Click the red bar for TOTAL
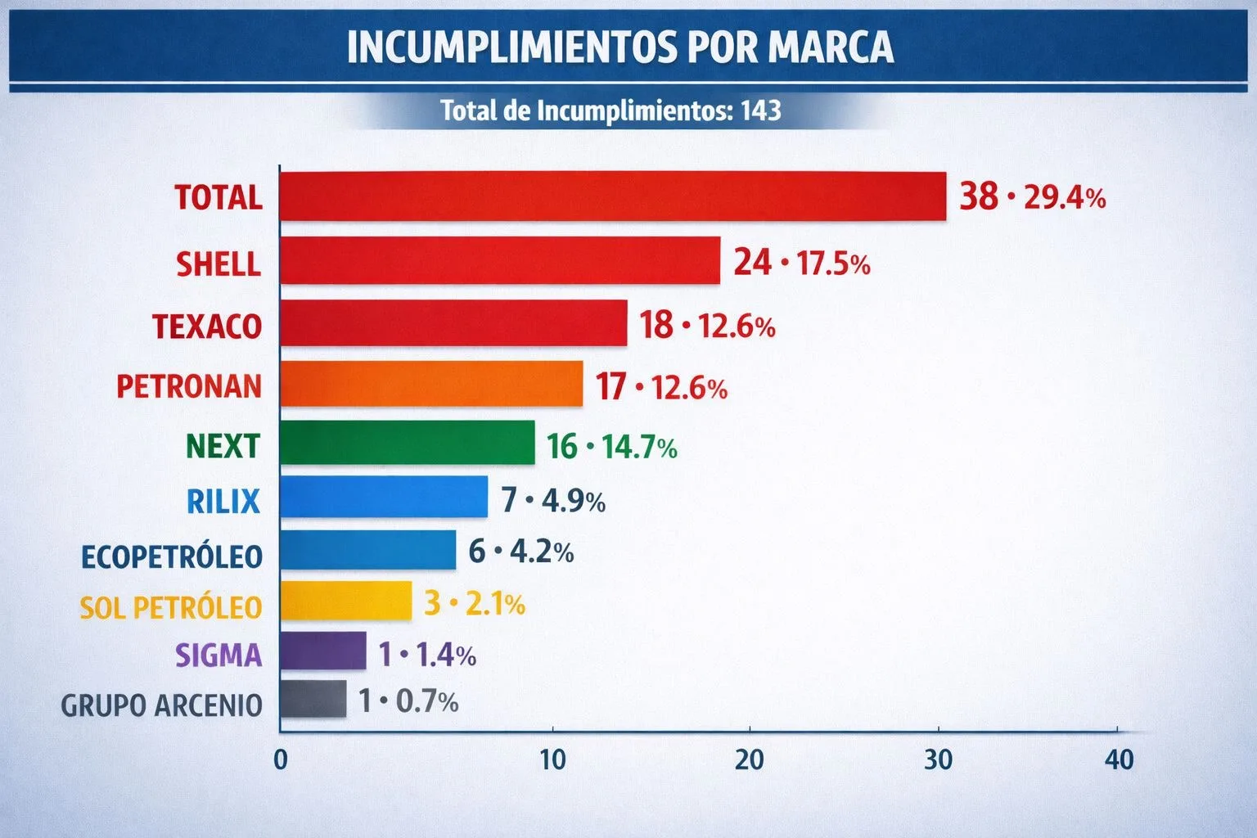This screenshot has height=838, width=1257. coord(612,196)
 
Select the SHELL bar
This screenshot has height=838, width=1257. coord(499,261)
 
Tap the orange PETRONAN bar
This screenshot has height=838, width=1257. coord(431,384)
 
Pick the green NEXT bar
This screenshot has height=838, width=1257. coord(407,443)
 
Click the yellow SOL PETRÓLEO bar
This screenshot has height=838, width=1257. coord(345,601)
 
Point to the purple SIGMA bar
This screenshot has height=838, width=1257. coord(322,651)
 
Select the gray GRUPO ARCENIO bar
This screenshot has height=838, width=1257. coord(313,700)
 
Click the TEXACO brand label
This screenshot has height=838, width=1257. coord(207,326)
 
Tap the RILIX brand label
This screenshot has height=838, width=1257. coord(223,500)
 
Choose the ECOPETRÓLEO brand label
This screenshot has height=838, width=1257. coord(172,556)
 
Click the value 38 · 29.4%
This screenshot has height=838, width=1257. coord(1032,197)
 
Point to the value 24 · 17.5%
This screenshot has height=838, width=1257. coord(801,263)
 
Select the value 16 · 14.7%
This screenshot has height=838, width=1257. coord(611,447)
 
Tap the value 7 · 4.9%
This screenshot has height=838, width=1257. coord(553,500)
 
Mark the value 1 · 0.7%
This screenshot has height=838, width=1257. coord(408,701)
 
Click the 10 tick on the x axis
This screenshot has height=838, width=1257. coord(552,759)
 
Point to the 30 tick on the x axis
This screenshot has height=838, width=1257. coord(938,759)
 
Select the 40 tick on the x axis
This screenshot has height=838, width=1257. coord(1119,759)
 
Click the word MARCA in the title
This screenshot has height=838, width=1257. coord(831,47)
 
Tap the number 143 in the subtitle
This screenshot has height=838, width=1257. coord(760,110)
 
